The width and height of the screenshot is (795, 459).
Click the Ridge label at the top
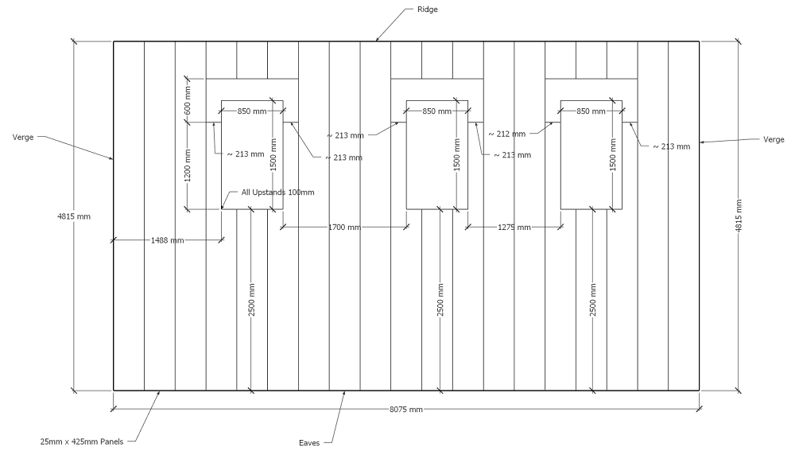[427, 10]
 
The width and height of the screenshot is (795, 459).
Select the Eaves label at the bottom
[309, 443]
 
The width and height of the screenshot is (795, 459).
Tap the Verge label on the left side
[23, 137]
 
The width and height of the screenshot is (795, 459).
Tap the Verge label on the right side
[774, 139]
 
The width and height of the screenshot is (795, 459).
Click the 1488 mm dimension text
[165, 239]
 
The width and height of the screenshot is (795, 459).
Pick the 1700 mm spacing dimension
[343, 228]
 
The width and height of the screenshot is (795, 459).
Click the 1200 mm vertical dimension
[188, 165]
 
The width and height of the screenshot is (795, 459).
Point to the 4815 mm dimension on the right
[739, 216]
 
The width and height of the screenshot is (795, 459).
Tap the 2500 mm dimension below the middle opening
[441, 300]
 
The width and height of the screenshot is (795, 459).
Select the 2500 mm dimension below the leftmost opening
[251, 300]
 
